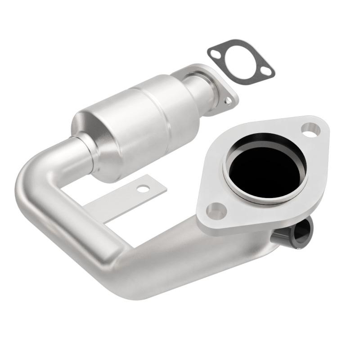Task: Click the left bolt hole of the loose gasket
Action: pos(215,53)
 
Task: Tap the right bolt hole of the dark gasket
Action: pos(267,71)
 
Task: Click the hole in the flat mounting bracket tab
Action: pos(143,189)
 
